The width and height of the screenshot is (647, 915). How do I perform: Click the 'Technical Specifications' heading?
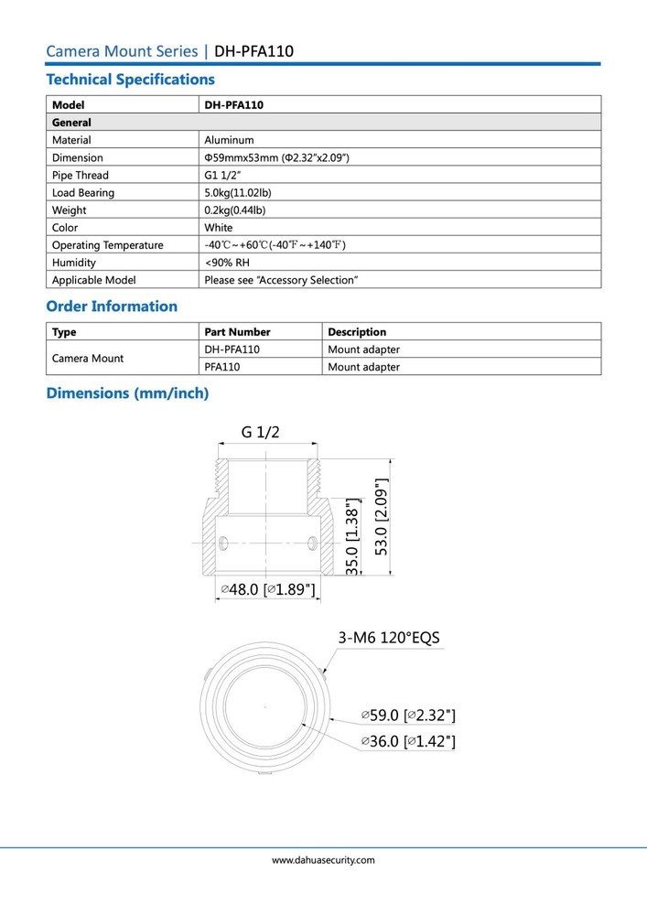coord(130,80)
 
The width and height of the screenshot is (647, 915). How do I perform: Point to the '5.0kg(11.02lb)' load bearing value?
coord(238,192)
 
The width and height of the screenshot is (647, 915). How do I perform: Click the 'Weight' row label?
coord(70,210)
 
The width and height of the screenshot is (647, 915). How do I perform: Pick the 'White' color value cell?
coord(219,227)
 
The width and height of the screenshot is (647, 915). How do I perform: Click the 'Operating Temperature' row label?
coord(108,245)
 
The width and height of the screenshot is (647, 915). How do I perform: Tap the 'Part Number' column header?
coord(237,332)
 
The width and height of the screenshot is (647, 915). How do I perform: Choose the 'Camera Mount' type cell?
coord(88,358)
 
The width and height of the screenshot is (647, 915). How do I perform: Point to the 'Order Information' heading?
coord(112,307)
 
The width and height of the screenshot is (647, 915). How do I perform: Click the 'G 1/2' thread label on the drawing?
coord(261,432)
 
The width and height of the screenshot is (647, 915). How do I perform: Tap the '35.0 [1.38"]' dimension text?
coord(353,537)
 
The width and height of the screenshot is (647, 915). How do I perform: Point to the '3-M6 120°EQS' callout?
coord(394,638)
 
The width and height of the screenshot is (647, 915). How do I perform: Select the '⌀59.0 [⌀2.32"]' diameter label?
coord(407,715)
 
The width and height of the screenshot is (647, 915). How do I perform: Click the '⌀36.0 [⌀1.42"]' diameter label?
coord(407,741)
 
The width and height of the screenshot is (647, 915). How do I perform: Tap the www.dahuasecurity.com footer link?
coord(323,860)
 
